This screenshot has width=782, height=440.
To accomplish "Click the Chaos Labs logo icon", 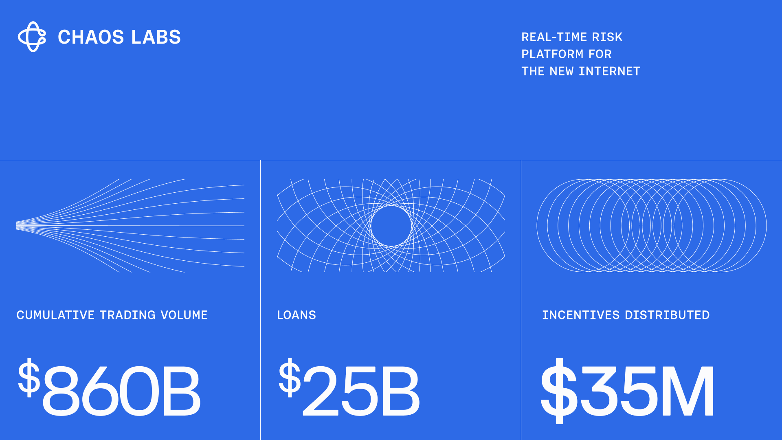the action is point(32,37).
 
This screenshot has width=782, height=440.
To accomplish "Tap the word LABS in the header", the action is point(156,37).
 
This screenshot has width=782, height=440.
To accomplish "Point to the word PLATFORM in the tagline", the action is point(552,54).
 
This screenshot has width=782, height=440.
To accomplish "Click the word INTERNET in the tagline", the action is point(609,71).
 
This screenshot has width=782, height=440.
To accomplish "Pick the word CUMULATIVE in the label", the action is point(55,315).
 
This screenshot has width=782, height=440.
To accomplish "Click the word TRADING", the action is point(127,315).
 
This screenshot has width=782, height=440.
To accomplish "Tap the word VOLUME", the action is point(184,315).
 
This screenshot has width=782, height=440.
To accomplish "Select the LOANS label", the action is point(297,315).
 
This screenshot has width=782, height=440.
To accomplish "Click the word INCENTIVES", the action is point(581,315).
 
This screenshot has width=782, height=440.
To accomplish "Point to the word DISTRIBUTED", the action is point(667,315).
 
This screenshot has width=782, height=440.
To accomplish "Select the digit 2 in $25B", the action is point(321,390).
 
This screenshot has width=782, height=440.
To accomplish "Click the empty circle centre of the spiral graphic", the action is point(391,226).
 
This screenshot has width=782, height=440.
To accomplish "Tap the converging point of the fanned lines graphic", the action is point(17,226).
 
